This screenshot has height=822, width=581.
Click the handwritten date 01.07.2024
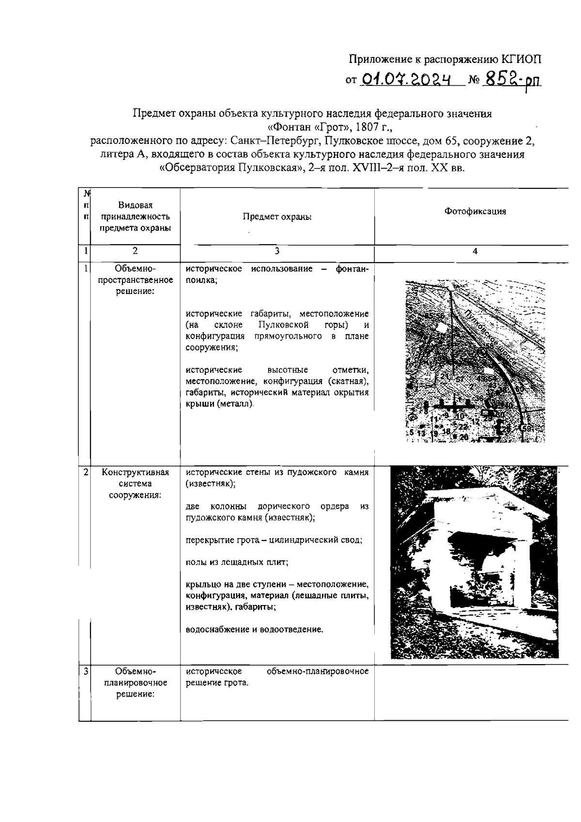point(406,78)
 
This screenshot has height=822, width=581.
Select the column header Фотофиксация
point(475,211)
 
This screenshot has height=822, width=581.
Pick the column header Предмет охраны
point(277,217)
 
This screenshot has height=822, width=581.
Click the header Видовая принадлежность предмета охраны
point(135,217)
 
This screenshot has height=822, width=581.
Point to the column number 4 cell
point(475,251)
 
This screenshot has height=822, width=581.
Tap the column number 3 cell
point(277,251)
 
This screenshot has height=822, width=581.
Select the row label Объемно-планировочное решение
point(135,683)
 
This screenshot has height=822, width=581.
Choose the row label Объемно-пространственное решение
point(135,280)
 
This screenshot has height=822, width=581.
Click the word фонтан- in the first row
point(352,269)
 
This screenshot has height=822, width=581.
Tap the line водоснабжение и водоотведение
point(255,630)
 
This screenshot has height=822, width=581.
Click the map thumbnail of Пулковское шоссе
point(475,361)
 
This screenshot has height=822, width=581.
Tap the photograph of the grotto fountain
point(474,562)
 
